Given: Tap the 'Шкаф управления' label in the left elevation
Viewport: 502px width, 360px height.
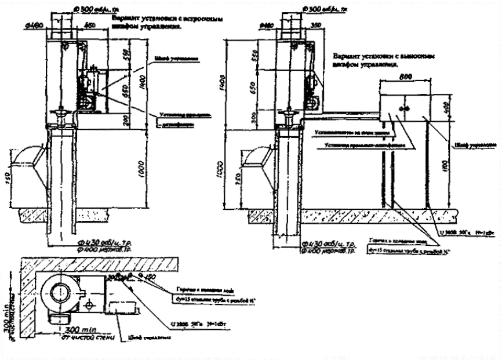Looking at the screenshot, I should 177,59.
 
